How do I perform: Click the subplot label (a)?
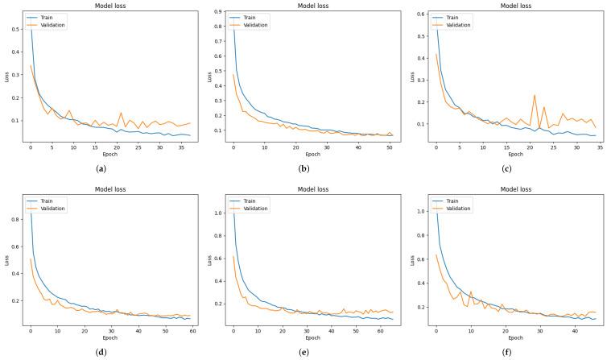pos(100,170)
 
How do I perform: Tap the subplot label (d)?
pos(100,353)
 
